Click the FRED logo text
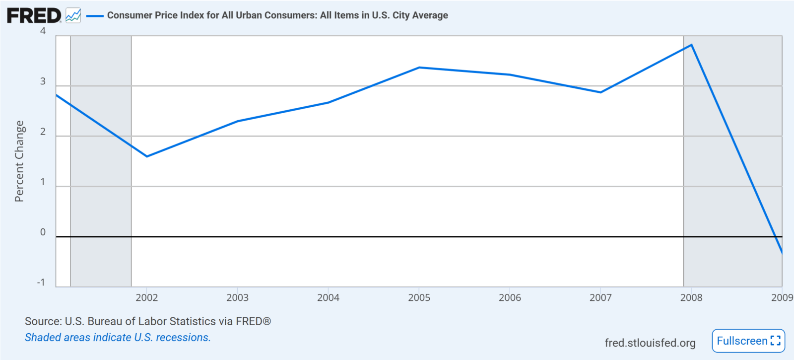click(x=34, y=16)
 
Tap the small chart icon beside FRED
click(x=73, y=15)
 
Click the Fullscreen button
click(x=748, y=341)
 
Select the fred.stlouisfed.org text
click(x=650, y=343)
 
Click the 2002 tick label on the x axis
click(x=147, y=297)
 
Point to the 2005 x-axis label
click(x=419, y=297)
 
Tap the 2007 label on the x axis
click(x=600, y=297)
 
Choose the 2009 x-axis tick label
click(x=782, y=297)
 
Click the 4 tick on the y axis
click(x=43, y=31)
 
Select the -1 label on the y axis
click(x=41, y=283)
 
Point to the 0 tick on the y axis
click(x=43, y=232)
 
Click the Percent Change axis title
click(x=19, y=161)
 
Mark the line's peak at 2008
click(x=691, y=45)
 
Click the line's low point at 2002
click(x=147, y=156)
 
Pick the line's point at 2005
click(x=419, y=68)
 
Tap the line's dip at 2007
click(x=600, y=92)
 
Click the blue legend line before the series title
click(x=95, y=16)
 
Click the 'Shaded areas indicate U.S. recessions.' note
click(x=118, y=337)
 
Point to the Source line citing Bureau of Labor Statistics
click(x=148, y=321)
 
